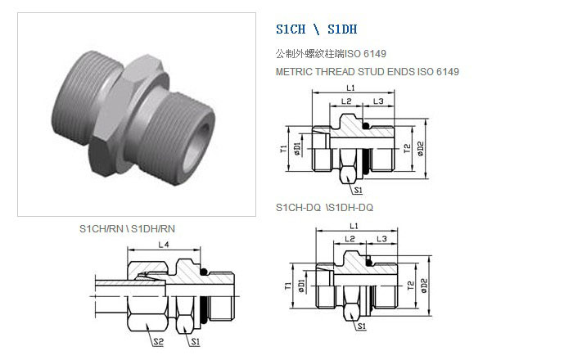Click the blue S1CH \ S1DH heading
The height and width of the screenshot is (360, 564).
317,29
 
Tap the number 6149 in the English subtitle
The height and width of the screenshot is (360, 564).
448,71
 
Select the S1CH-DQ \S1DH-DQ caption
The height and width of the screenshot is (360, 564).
324,208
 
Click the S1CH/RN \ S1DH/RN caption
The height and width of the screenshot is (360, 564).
127,229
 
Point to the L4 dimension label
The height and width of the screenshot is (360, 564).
164,245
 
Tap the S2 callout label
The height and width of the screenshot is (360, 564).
158,341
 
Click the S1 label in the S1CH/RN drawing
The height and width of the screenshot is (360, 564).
196,341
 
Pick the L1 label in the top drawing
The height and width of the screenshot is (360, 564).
350,88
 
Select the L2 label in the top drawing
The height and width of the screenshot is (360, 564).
346,101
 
